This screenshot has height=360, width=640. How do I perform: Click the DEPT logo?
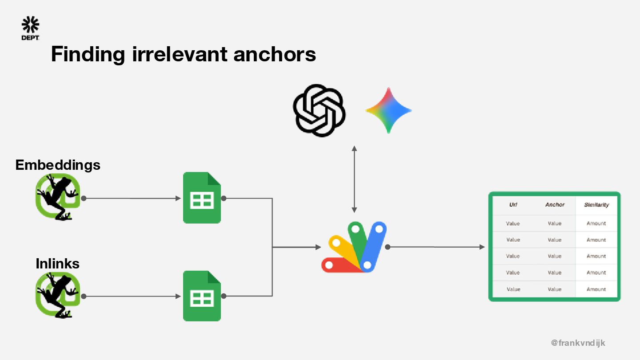tap(30, 28)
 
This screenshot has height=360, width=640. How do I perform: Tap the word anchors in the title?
tap(274, 54)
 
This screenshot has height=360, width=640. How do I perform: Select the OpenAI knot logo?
tap(319, 110)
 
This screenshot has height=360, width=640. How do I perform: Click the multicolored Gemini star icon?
tap(388, 110)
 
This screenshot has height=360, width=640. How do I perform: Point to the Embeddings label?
tap(58, 165)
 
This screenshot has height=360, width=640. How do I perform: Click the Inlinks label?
tap(57, 264)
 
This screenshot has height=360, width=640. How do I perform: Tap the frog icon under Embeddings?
tap(58, 197)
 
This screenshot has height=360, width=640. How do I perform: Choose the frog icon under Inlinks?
tap(58, 295)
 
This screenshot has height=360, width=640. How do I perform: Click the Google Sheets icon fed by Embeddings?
tap(202, 198)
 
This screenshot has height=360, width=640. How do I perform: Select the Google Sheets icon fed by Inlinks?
tap(202, 296)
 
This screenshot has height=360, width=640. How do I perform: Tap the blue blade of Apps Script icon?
tap(373, 247)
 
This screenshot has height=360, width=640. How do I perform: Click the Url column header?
tap(513, 205)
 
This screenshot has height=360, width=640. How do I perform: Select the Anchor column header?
tap(555, 205)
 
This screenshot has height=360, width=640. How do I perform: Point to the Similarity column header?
tap(596, 205)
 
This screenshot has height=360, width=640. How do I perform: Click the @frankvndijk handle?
tap(578, 343)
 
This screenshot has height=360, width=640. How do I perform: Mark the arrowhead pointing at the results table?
tap(482, 247)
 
